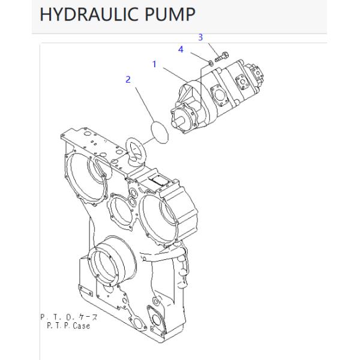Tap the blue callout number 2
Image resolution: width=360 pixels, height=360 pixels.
128,79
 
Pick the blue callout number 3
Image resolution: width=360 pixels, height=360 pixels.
201,38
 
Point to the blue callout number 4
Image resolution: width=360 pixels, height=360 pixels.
181,50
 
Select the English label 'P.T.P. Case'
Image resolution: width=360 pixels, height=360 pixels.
68,326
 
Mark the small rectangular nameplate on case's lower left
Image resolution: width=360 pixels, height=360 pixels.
86,293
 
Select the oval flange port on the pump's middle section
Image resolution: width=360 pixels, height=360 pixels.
217,95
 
